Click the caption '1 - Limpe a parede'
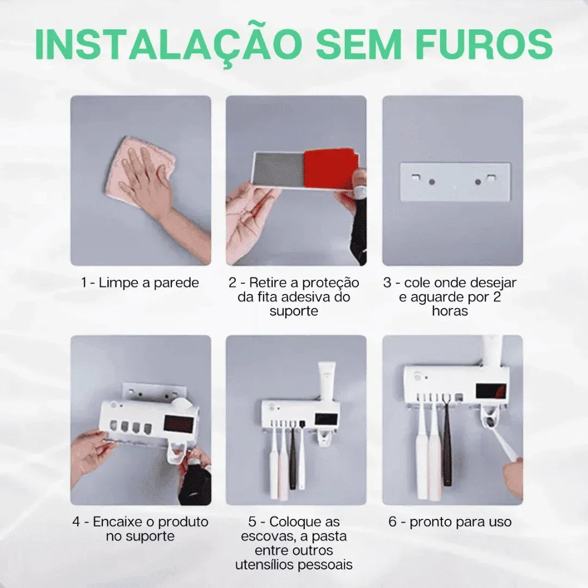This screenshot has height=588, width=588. (140, 283)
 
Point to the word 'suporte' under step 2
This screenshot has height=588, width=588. (294, 311)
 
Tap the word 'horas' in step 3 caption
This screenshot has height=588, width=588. (450, 311)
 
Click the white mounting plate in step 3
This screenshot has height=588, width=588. (455, 181)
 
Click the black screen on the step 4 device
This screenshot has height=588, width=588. (179, 426)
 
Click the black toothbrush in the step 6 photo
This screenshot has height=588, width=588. (447, 446)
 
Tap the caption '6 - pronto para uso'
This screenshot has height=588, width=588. (450, 522)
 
